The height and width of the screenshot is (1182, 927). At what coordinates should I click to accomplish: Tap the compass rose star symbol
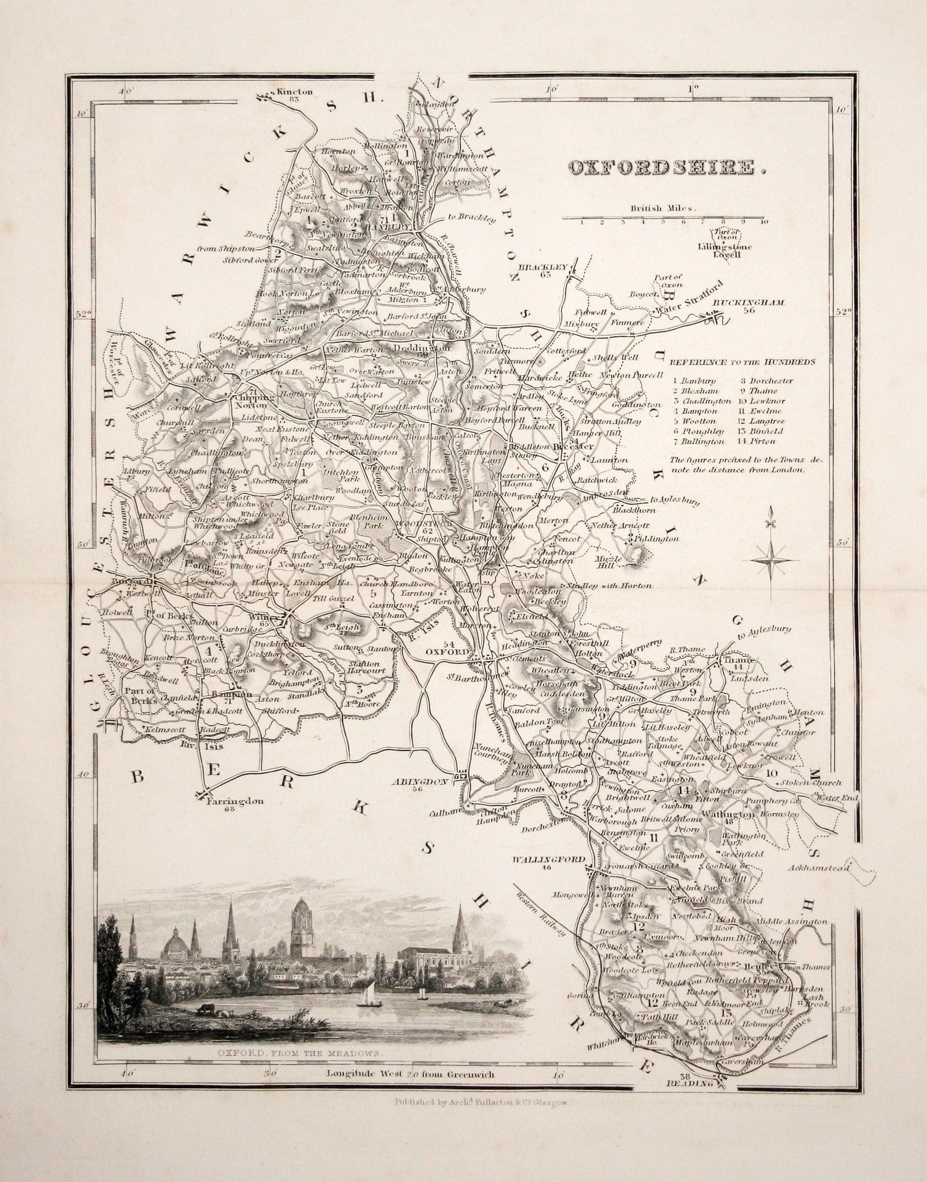(770, 561)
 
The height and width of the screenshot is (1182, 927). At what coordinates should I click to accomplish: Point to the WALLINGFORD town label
(549, 859)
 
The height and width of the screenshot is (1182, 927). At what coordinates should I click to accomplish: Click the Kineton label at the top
(294, 92)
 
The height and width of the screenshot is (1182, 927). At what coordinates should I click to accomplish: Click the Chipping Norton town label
(251, 400)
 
